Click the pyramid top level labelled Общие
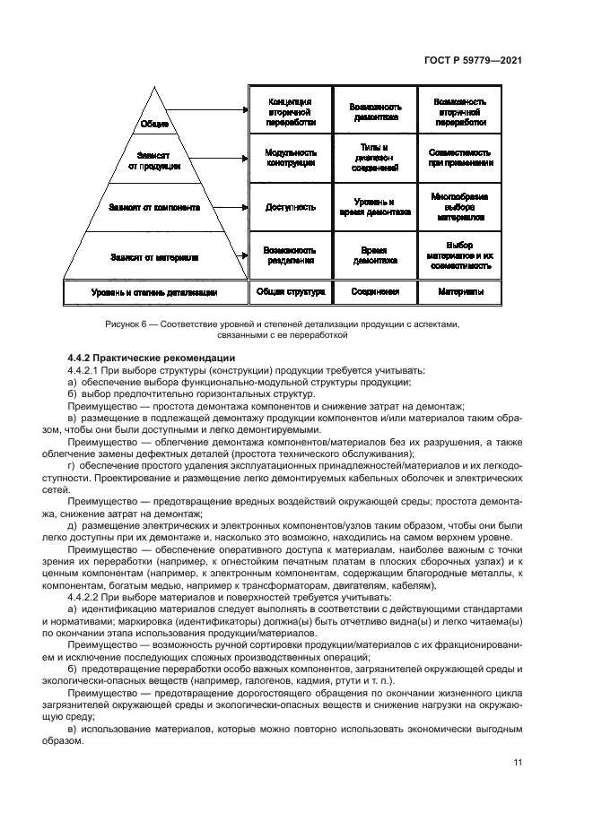[x=154, y=124]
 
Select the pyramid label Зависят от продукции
[x=154, y=160]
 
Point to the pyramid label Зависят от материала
[x=154, y=257]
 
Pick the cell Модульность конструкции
[x=289, y=159]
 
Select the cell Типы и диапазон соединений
[x=375, y=159]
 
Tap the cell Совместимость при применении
[x=460, y=159]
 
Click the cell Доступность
[x=289, y=207]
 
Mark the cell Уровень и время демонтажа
[x=375, y=207]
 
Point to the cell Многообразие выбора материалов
[x=460, y=207]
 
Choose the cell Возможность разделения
[x=289, y=255]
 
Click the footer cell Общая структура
[x=289, y=292]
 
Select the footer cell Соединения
[x=375, y=292]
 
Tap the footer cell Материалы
[x=460, y=292]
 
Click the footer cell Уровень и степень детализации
[x=154, y=292]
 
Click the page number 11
[x=518, y=763]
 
